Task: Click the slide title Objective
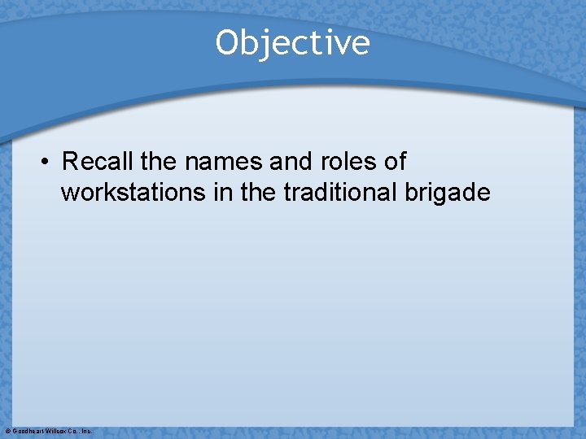[x=292, y=43]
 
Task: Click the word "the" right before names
[x=160, y=161]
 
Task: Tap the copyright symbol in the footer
[x=7, y=431]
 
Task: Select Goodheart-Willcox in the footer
[x=40, y=431]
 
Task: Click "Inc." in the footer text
[x=86, y=431]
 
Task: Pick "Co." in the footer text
[x=73, y=431]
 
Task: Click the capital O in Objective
[x=227, y=43]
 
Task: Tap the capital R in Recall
[x=70, y=161]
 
